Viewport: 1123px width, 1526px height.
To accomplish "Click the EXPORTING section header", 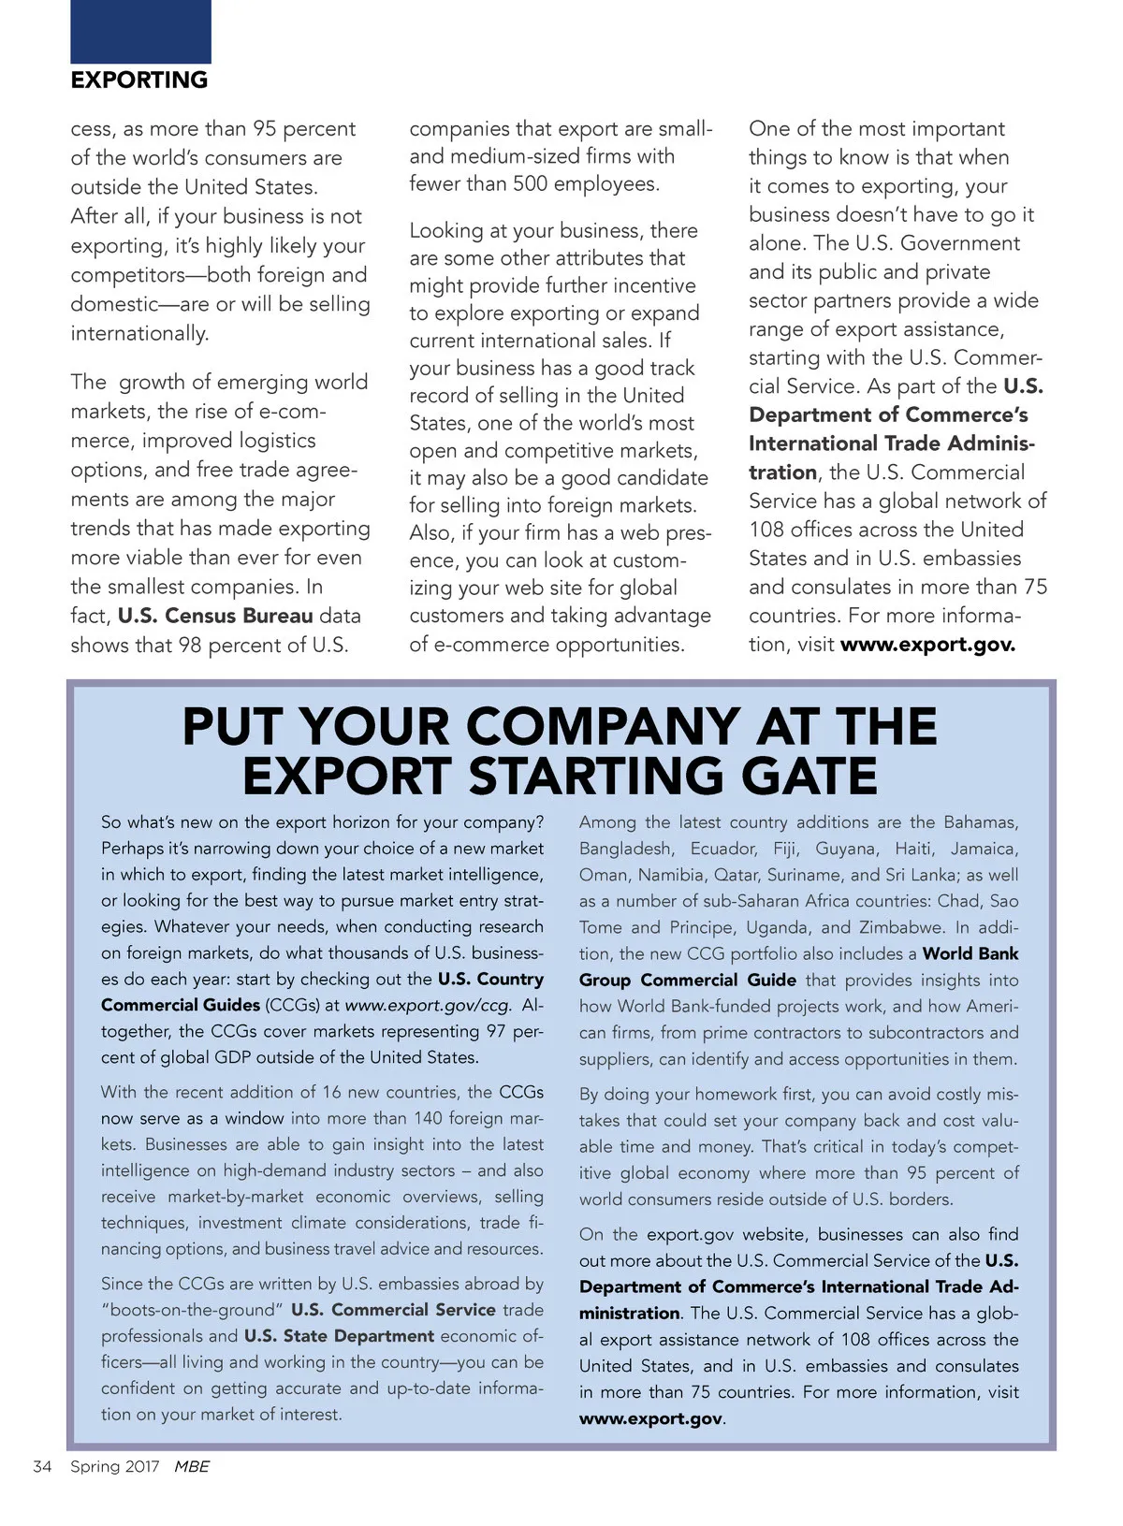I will pyautogui.click(x=139, y=80).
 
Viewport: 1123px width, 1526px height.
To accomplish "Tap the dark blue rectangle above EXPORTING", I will pyautogui.click(x=140, y=31).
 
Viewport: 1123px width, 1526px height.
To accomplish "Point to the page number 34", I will pyautogui.click(x=42, y=1466).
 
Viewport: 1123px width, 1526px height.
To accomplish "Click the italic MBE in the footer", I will pyautogui.click(x=192, y=1466).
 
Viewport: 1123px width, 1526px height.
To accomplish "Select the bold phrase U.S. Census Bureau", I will pyautogui.click(x=215, y=616).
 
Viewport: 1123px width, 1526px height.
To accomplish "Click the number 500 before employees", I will pyautogui.click(x=530, y=183).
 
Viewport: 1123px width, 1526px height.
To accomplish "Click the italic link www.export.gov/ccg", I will pyautogui.click(x=429, y=1005).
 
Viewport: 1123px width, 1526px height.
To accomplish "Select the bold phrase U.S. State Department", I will pyautogui.click(x=339, y=1335).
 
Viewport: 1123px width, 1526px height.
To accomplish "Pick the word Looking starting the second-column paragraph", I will pyautogui.click(x=445, y=230).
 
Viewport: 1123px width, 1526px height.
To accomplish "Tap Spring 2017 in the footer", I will pyautogui.click(x=115, y=1466).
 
